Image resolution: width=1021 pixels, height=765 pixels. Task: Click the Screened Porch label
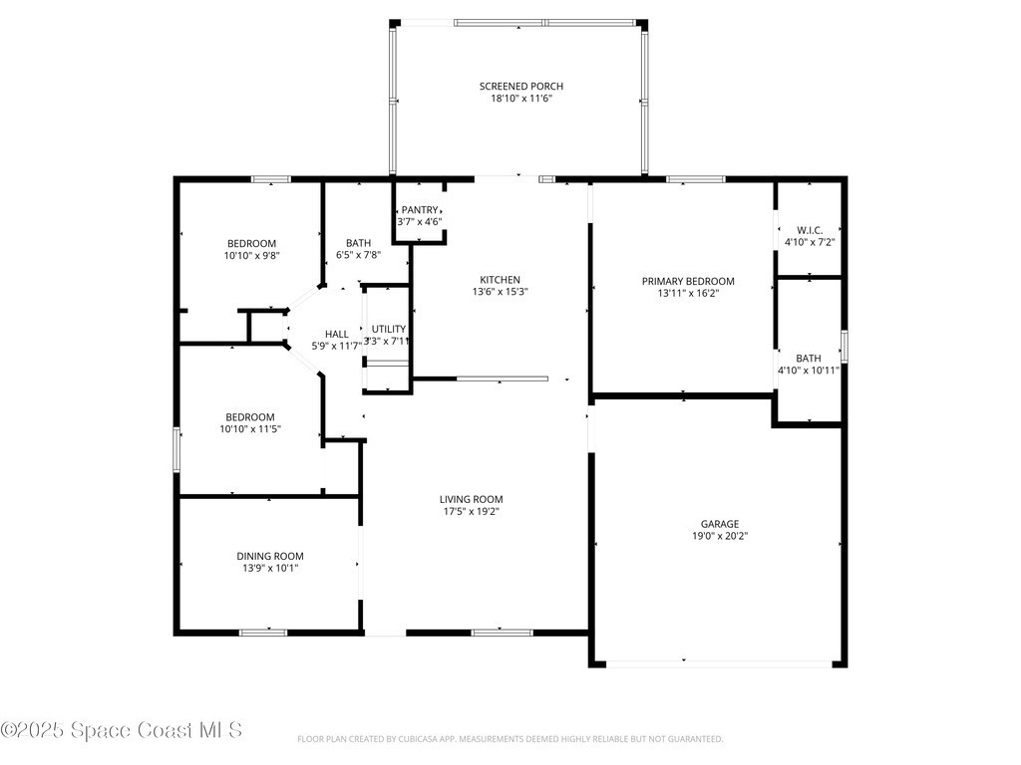520,86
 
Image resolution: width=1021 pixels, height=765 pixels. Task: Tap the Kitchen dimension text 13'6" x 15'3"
501,292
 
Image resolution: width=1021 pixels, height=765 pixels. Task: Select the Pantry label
420,210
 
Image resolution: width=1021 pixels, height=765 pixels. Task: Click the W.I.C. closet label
810,230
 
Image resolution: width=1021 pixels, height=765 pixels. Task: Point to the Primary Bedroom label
688,281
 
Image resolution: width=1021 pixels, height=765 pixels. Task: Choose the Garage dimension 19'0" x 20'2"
720,536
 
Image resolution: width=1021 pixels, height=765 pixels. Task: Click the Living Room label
472,500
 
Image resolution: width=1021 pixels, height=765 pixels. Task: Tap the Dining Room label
270,556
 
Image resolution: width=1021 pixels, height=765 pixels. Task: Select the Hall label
337,335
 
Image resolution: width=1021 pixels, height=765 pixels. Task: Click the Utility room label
389,329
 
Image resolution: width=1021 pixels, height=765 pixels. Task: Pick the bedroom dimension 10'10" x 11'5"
250,428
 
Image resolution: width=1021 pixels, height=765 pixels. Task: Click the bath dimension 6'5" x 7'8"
358,255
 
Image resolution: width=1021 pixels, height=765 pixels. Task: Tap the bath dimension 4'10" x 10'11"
809,371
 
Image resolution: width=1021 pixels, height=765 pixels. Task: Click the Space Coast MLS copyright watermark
121,730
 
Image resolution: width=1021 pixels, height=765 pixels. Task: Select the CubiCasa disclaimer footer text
510,739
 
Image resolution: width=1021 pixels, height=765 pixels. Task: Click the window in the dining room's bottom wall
263,633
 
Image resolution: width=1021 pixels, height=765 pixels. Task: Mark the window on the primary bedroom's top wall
695,179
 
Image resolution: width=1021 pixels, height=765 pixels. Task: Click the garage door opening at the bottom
719,664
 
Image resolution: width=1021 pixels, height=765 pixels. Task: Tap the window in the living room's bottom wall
503,633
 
